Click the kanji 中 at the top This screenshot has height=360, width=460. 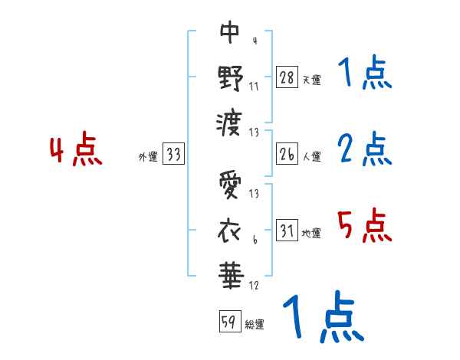230,32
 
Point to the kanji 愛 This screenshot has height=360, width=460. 230,185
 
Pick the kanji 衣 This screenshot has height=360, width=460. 230,228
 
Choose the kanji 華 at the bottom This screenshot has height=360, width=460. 230,272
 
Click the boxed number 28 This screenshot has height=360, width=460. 287,77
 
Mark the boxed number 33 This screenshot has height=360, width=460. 173,155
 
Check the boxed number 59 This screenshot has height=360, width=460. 228,322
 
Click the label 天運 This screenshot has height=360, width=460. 311,80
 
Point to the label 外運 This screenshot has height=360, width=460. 147,157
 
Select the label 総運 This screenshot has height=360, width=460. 255,324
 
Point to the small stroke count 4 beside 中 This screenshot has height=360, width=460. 254,41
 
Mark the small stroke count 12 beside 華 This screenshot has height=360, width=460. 254,286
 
